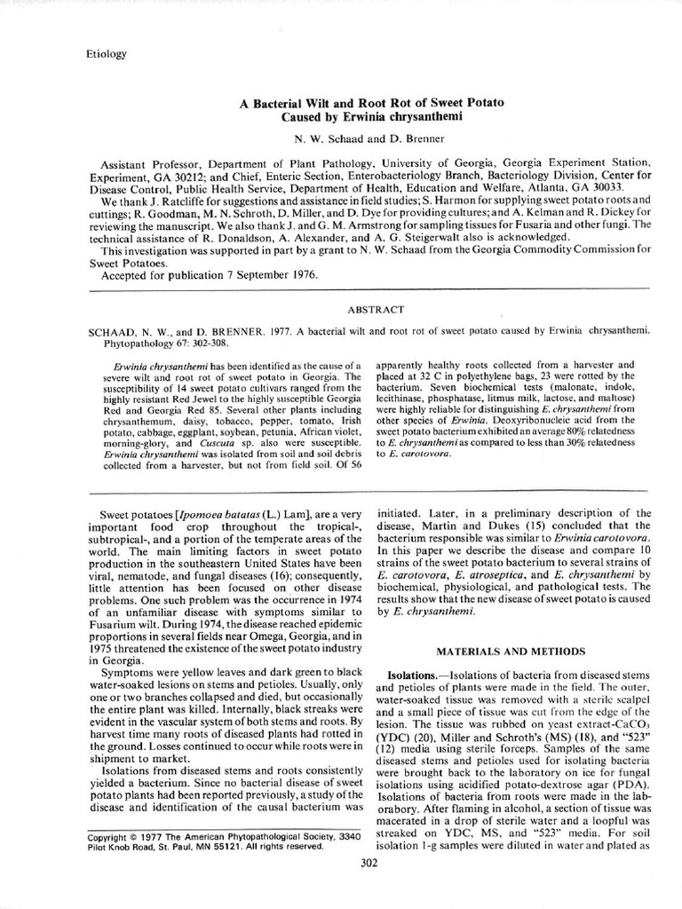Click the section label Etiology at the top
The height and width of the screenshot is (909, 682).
(106, 53)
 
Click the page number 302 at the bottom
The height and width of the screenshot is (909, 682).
(372, 862)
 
